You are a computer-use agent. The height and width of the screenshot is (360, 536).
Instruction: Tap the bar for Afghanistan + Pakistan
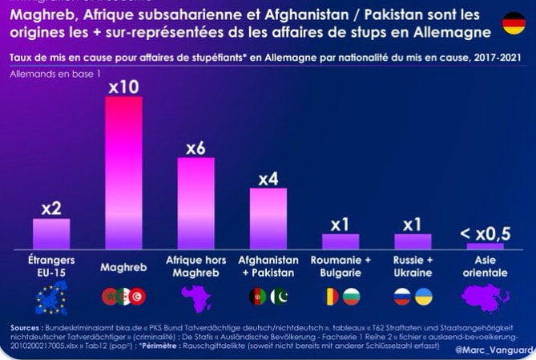[x=268, y=218]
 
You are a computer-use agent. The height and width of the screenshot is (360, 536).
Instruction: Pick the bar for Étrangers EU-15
[x=51, y=233]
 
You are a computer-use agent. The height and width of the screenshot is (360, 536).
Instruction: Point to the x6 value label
[x=195, y=148]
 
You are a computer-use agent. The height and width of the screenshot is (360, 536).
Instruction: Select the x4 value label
[x=268, y=178]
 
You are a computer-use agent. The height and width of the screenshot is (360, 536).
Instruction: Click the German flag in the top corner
[x=514, y=23]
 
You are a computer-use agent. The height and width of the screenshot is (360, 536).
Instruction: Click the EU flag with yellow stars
[x=51, y=297]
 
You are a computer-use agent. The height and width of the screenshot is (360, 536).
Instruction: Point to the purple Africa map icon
[x=195, y=297]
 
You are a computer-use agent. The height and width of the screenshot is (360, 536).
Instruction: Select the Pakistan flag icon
[x=279, y=296]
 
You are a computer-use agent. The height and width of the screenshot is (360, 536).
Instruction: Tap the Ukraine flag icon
[x=424, y=296]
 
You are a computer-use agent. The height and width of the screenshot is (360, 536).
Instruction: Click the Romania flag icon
[x=329, y=296]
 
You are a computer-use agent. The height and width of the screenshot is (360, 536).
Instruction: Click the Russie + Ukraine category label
[x=413, y=266]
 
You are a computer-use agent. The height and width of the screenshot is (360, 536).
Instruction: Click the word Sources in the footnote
[x=28, y=328]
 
